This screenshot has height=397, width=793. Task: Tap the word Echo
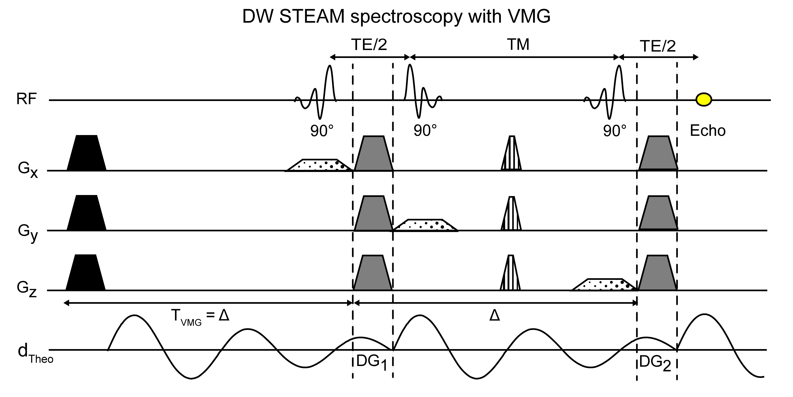[707, 131]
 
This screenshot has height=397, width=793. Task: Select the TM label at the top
[518, 45]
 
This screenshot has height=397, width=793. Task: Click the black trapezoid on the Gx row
[86, 153]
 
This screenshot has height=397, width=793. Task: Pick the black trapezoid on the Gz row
[86, 273]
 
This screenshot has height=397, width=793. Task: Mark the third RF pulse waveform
[605, 92]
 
